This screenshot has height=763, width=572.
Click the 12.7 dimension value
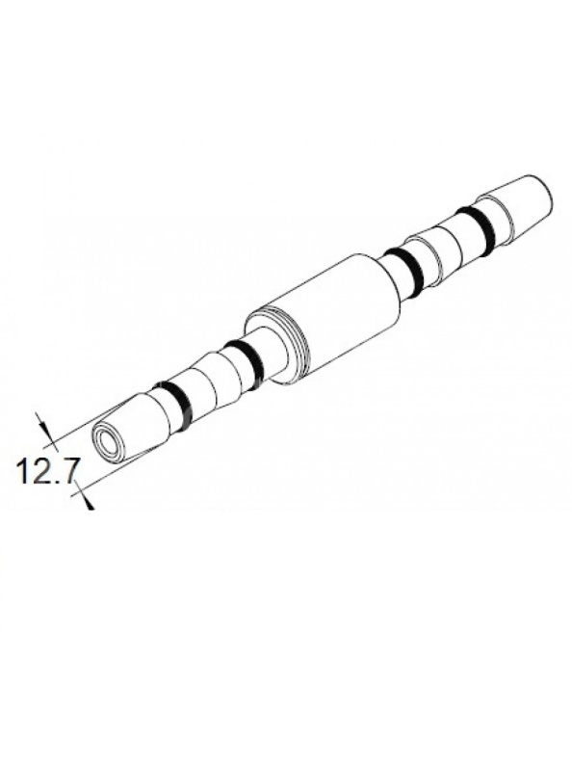pos(42,473)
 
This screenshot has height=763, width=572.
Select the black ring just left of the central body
pos(247,363)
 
